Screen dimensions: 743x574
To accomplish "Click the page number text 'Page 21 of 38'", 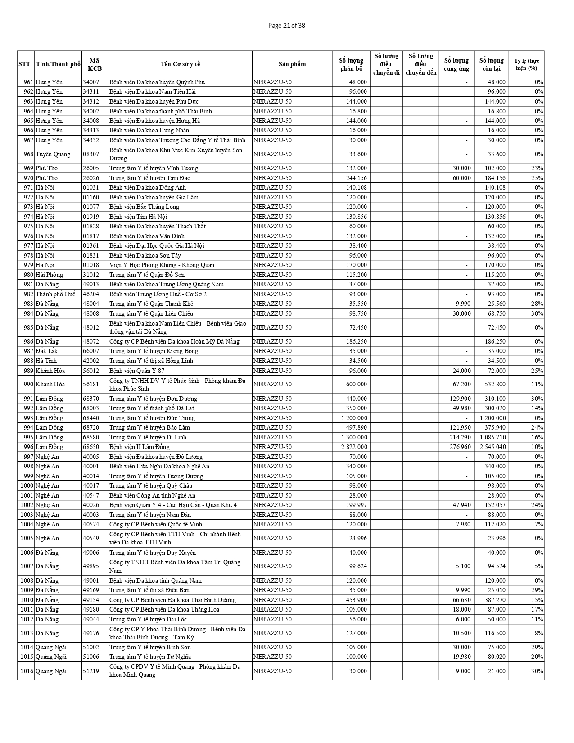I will click(286, 26).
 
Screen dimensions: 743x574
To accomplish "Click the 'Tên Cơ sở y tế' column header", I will click(180, 64).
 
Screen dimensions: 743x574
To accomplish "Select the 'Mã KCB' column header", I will click(95, 64).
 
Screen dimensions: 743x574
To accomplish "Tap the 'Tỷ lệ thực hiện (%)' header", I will click(526, 64).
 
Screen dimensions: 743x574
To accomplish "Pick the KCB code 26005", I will click(90, 168).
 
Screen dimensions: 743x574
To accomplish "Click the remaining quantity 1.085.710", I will click(493, 437).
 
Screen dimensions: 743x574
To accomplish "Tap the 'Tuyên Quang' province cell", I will click(53, 154).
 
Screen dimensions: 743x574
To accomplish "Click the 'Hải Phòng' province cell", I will click(50, 275).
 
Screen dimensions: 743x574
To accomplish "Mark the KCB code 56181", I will click(90, 384).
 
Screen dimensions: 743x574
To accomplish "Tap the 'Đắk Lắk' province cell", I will click(47, 351).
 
